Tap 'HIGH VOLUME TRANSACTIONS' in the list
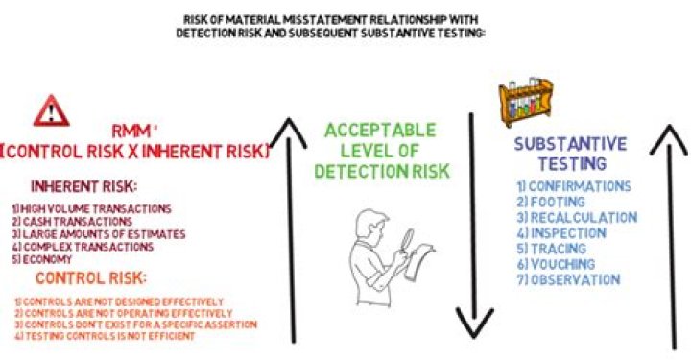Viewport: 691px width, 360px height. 92,208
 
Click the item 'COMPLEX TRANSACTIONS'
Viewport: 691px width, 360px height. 83,246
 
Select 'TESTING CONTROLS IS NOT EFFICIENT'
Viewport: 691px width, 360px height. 107,335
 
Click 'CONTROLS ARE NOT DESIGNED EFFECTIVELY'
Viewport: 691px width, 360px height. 120,300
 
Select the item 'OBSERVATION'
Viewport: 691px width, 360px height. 566,279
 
